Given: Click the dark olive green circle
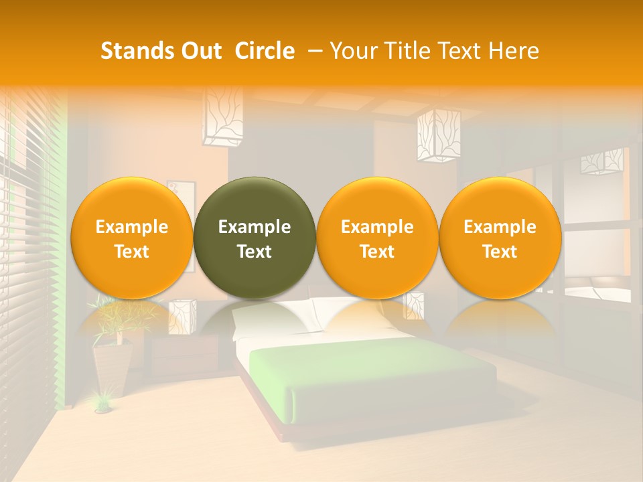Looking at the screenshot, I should click(x=255, y=238).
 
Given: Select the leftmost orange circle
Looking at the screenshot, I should click(x=131, y=238).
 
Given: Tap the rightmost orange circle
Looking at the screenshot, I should click(x=500, y=238).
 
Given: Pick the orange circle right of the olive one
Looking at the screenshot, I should click(x=377, y=238).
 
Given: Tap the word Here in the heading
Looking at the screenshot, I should click(x=514, y=51).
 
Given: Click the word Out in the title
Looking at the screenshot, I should click(x=200, y=51).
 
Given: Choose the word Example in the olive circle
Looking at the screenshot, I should click(x=255, y=227).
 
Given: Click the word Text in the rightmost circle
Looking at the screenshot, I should click(x=500, y=252).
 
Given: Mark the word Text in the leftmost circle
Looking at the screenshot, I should click(x=131, y=252).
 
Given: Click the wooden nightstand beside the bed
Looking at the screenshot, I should click(x=184, y=355).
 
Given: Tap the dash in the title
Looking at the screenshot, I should click(x=313, y=51).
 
